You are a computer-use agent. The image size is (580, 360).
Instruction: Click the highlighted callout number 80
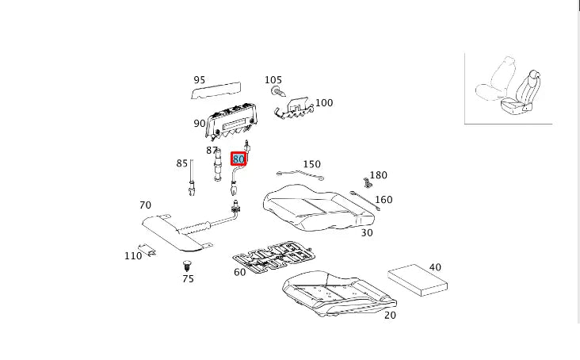click(x=238, y=159)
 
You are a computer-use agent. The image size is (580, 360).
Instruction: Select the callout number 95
click(x=199, y=79)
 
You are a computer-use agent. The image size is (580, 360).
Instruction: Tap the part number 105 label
click(x=273, y=80)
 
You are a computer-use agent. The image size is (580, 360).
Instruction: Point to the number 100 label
click(x=324, y=102)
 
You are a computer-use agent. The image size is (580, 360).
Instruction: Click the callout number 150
click(x=311, y=164)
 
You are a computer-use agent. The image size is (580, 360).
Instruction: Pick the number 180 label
click(x=378, y=175)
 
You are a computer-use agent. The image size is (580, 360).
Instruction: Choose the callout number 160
click(x=383, y=200)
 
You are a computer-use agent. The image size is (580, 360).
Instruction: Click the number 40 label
click(x=434, y=267)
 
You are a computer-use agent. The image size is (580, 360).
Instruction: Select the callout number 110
click(x=132, y=256)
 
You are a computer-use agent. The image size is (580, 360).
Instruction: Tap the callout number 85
click(x=182, y=163)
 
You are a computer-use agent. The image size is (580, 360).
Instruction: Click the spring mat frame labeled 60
click(x=273, y=254)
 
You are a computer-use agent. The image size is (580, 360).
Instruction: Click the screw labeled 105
click(x=276, y=93)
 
